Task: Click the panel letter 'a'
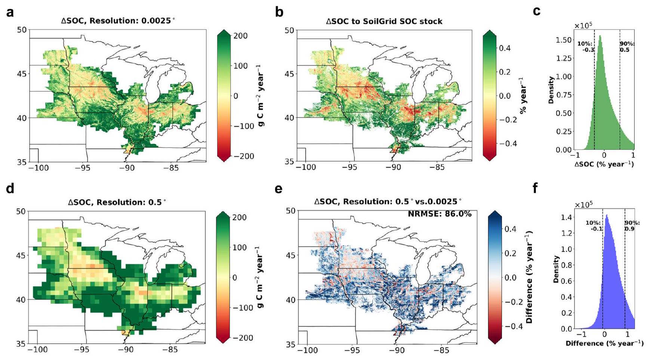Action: (10, 12)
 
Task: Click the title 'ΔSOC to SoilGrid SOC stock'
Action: (384, 21)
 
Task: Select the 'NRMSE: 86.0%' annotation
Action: (439, 214)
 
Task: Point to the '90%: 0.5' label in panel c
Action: (627, 47)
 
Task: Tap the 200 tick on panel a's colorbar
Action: (240, 36)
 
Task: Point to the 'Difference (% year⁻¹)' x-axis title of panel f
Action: (604, 343)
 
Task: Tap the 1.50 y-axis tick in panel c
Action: (564, 40)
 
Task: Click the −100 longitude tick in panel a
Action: (39, 168)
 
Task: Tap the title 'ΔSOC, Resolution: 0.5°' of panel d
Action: (117, 202)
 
